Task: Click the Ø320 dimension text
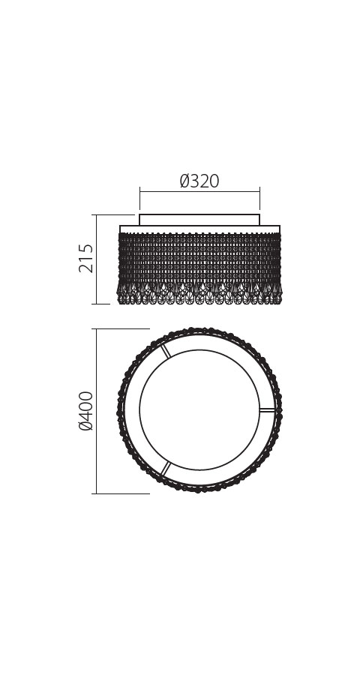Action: coord(199,181)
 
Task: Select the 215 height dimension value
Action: coord(85,258)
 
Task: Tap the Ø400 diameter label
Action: coord(85,411)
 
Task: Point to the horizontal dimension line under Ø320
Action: coord(199,191)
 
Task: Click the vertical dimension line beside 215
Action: coord(97,259)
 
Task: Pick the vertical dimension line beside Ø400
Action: coord(97,411)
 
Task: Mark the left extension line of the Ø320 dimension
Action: coord(139,199)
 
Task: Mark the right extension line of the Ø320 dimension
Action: coord(259,199)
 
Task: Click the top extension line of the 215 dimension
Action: coord(113,214)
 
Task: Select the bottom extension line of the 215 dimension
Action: coord(101,304)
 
